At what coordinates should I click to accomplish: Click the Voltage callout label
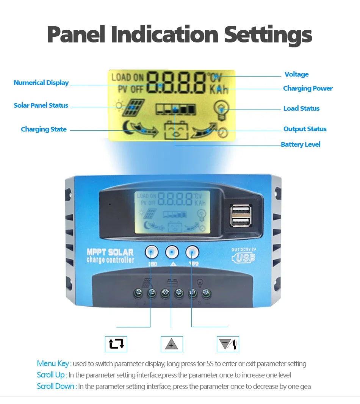click(296, 74)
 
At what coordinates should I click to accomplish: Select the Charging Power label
click(308, 88)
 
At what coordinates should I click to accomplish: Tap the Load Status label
click(301, 108)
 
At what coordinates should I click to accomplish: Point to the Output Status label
click(305, 129)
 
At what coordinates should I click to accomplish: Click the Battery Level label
click(301, 144)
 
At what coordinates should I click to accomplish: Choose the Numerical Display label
click(41, 83)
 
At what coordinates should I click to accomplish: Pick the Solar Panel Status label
click(41, 105)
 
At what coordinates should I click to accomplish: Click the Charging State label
click(44, 129)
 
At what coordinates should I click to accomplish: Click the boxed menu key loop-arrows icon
click(116, 344)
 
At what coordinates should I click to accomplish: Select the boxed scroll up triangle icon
click(172, 344)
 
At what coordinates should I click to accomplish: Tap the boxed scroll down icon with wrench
click(228, 344)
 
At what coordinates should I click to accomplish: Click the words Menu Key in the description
click(53, 363)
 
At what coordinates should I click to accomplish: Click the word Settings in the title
click(268, 35)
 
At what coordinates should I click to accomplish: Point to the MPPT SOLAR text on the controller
click(110, 252)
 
